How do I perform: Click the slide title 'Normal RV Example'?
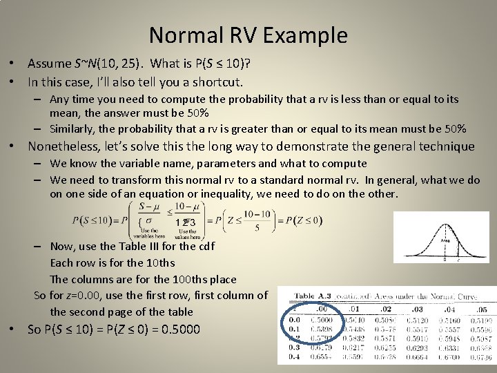click(248, 35)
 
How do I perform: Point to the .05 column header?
click(481, 309)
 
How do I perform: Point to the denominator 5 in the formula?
click(257, 227)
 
